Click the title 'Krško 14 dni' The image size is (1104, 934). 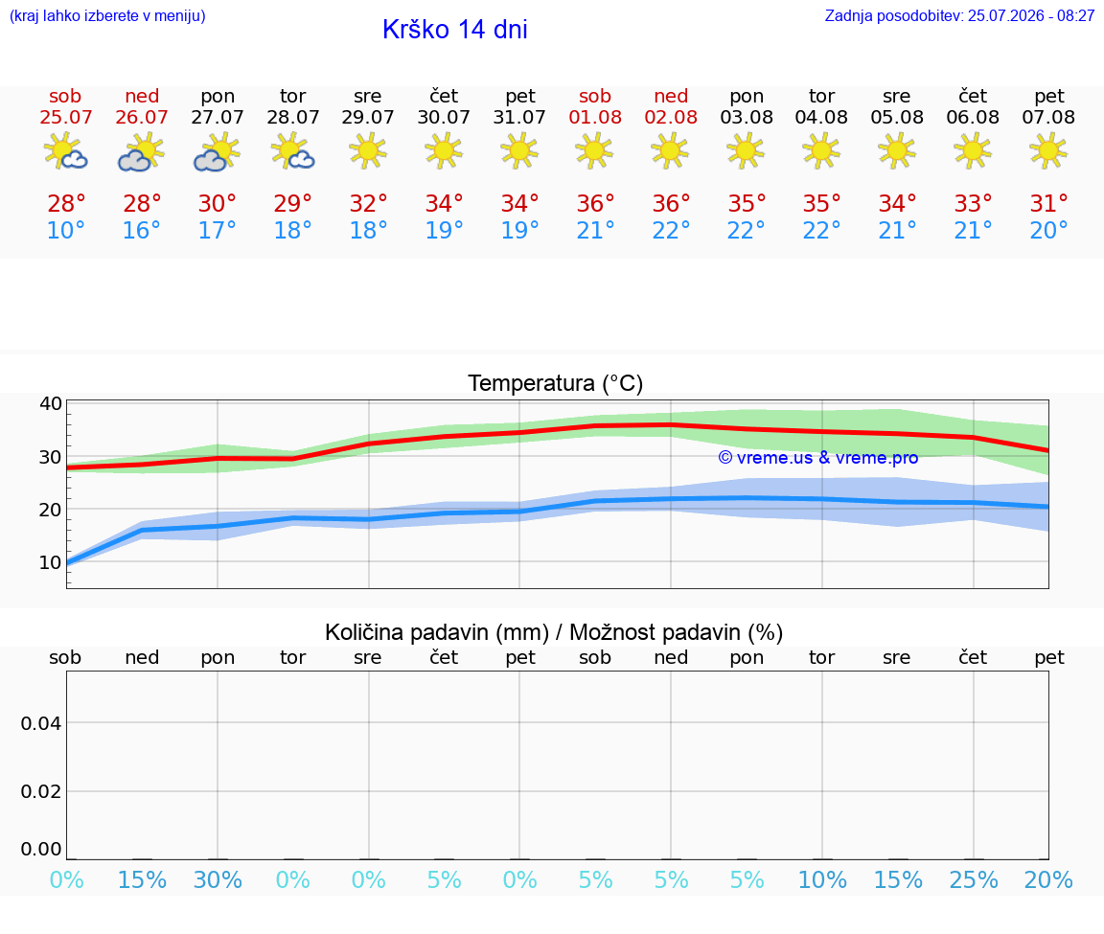[455, 30]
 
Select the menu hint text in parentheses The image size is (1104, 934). [107, 16]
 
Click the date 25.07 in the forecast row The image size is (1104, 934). [65, 117]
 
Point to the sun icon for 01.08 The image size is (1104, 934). [595, 150]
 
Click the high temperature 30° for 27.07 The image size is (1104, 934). [217, 203]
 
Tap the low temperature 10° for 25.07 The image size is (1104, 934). [65, 230]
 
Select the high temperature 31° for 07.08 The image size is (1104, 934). [1049, 203]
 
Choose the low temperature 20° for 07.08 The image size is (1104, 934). [1049, 230]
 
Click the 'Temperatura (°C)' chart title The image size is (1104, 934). [556, 383]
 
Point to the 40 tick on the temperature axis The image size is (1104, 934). [51, 403]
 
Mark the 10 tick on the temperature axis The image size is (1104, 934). [51, 562]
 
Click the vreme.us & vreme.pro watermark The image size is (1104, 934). [818, 458]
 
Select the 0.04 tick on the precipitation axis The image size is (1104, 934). [41, 723]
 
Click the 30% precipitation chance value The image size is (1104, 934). [218, 879]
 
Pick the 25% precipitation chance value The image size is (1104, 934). [974, 879]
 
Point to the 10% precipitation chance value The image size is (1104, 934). [822, 879]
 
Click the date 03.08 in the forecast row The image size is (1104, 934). [747, 117]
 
